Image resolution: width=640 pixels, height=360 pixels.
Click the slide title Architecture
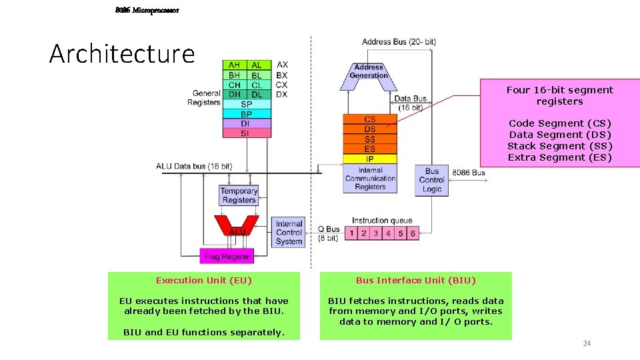click(x=122, y=53)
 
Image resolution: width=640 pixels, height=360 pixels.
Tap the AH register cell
click(x=235, y=65)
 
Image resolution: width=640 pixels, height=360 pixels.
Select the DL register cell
click(x=257, y=95)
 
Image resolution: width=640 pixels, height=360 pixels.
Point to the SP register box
click(x=246, y=104)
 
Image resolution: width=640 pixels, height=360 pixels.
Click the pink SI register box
click(x=246, y=133)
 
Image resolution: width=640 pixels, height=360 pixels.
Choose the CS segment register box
click(x=369, y=119)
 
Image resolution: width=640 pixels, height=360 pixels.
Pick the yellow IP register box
click(x=369, y=159)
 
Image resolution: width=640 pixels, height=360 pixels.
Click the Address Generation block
click(x=369, y=72)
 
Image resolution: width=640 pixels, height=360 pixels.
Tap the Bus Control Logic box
click(x=432, y=180)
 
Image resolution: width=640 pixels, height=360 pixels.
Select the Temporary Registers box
click(x=239, y=195)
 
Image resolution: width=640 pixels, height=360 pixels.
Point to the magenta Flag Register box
click(x=227, y=256)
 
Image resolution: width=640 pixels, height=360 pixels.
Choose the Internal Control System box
click(x=289, y=233)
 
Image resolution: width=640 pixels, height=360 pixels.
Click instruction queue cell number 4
click(x=388, y=233)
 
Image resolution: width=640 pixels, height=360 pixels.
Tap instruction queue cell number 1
click(x=351, y=233)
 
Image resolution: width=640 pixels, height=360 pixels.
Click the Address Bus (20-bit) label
click(x=399, y=42)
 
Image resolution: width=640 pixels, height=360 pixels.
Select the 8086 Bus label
click(x=468, y=173)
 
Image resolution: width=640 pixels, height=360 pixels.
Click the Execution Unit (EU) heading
click(x=204, y=281)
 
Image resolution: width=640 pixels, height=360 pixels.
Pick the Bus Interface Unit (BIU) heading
click(x=416, y=281)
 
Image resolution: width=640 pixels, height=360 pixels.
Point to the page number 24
click(x=587, y=343)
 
